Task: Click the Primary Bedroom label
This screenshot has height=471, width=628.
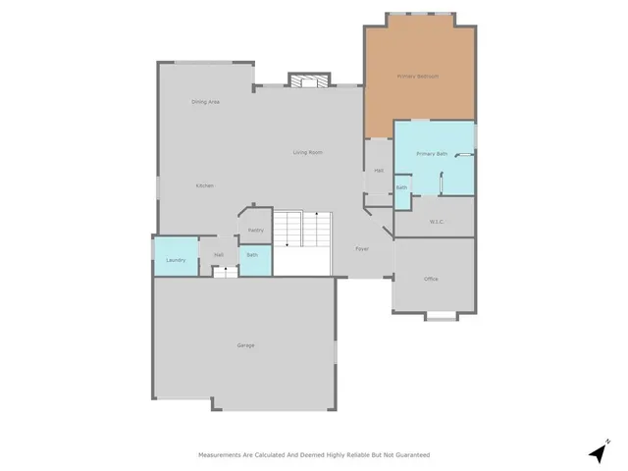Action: click(x=418, y=76)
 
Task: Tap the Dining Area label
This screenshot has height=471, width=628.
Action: click(x=205, y=102)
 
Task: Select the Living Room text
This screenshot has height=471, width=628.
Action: click(x=308, y=152)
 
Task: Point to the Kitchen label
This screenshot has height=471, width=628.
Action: click(x=204, y=185)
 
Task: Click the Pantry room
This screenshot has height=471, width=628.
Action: click(x=255, y=230)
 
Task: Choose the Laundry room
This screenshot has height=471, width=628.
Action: click(x=176, y=260)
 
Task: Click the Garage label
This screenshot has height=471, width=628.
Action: click(x=245, y=345)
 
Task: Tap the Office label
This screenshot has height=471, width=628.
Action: click(x=431, y=279)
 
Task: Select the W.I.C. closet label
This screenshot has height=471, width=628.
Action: click(x=437, y=221)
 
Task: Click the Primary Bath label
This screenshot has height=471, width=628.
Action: click(x=432, y=154)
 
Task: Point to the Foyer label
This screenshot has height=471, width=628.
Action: click(x=361, y=248)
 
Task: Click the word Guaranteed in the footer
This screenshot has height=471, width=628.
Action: click(x=411, y=455)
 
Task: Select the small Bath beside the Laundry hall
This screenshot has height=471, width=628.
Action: click(x=252, y=255)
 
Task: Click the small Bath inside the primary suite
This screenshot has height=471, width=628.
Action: click(x=401, y=187)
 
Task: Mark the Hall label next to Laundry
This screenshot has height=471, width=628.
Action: click(x=219, y=255)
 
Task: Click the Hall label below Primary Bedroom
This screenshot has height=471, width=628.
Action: click(x=378, y=171)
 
